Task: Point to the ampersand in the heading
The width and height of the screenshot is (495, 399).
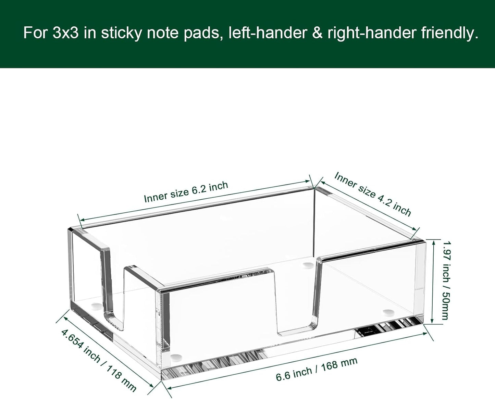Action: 317,33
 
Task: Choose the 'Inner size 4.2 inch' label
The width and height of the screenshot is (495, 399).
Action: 372,194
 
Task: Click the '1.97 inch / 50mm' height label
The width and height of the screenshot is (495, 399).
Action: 445,280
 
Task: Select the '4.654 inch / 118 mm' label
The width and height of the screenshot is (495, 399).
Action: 99,360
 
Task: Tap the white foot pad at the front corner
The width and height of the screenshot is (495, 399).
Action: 176,357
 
